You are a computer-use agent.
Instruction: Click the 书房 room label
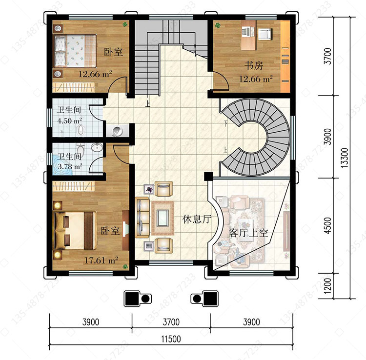pos(254,65)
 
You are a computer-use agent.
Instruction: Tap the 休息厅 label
pos(197,219)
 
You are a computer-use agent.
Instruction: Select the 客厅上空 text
pos(248,233)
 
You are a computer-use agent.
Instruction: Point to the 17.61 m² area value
pos(101,260)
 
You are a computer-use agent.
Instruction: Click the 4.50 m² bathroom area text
pos(69,121)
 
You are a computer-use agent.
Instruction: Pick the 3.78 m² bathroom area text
pos(70,166)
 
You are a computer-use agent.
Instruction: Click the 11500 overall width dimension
pos(171,339)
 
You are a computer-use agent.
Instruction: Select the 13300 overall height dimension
pos(345,158)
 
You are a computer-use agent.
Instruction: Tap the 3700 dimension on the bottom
pos(171,322)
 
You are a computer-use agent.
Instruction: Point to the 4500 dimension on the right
pos(328,226)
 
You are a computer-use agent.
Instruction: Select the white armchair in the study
pos(264,34)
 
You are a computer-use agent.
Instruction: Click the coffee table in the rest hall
pos(163,218)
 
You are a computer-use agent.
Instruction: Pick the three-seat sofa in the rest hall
pos(142,218)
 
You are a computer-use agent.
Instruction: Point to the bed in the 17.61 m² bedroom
pos(75,230)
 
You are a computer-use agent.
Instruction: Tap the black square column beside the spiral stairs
pos(208,176)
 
